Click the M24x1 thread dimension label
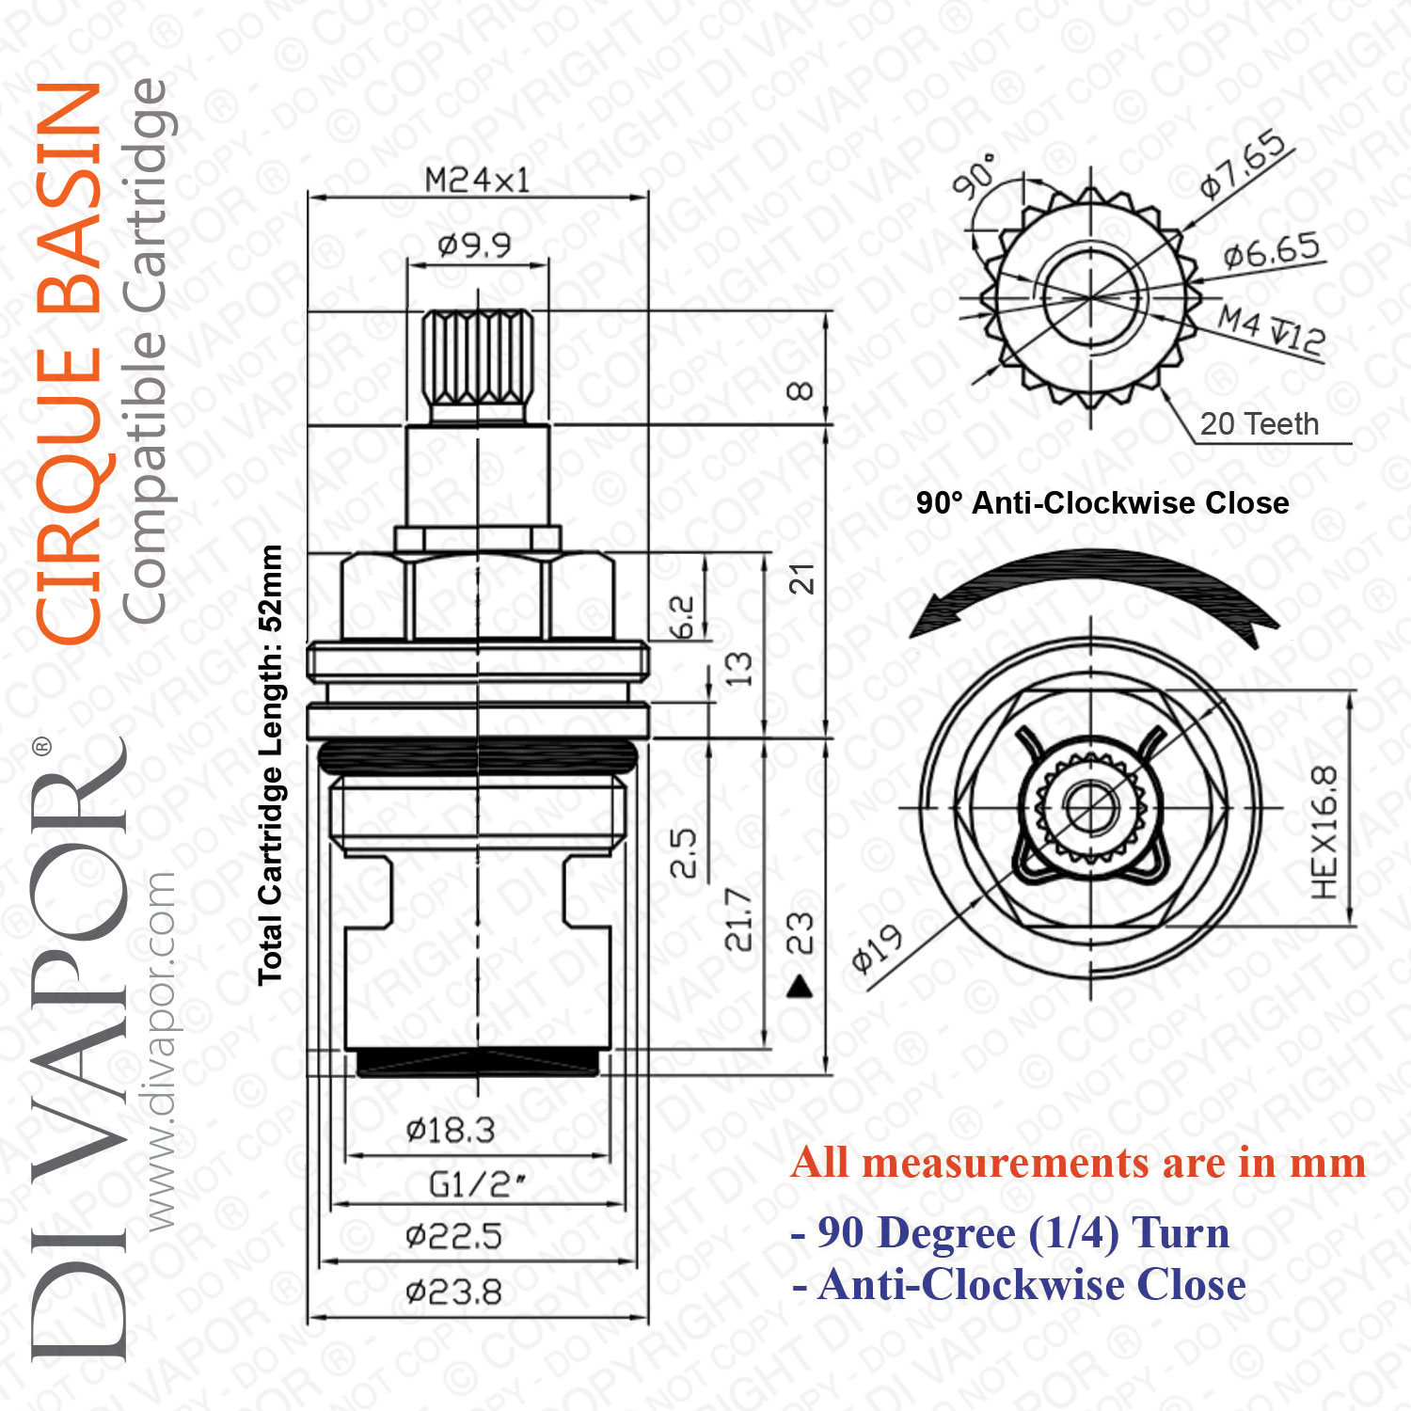[x=477, y=179]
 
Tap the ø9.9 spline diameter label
[x=475, y=246]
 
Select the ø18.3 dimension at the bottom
[x=451, y=1130]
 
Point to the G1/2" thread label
[x=477, y=1184]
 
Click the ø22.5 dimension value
[x=453, y=1236]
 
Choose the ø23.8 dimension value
[x=453, y=1292]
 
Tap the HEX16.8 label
[x=1324, y=832]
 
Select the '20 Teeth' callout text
[x=1260, y=424]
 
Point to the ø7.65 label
[x=1244, y=164]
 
